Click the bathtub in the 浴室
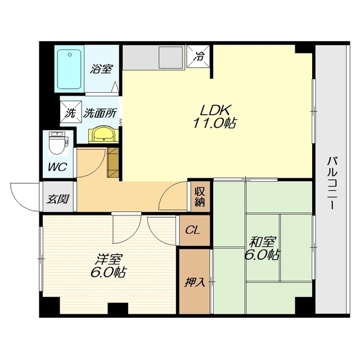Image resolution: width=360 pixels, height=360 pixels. click(x=69, y=69)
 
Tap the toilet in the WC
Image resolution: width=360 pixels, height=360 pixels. click(x=57, y=143)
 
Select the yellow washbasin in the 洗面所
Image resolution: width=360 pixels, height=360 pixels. click(x=103, y=135)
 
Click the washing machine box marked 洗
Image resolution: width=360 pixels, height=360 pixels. click(x=70, y=112)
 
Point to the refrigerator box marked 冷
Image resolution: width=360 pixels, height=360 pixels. click(x=198, y=56)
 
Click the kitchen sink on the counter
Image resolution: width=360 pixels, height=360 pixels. click(x=172, y=57)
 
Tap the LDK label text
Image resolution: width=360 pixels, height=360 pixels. click(x=215, y=110)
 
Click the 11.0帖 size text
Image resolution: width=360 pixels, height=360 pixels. click(x=215, y=123)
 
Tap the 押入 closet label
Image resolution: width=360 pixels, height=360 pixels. click(x=195, y=282)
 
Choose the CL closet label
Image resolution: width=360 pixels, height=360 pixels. click(x=193, y=230)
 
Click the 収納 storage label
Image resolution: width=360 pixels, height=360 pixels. click(x=200, y=197)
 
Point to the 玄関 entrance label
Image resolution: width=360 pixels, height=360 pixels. click(x=58, y=199)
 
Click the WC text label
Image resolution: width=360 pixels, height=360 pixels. click(x=57, y=166)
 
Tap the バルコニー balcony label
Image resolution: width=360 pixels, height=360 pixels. click(x=331, y=183)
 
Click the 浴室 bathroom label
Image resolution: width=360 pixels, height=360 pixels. click(x=101, y=69)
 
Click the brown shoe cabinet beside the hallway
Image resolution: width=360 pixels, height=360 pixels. click(x=112, y=163)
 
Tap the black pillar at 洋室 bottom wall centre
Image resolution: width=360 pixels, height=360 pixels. click(x=118, y=308)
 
